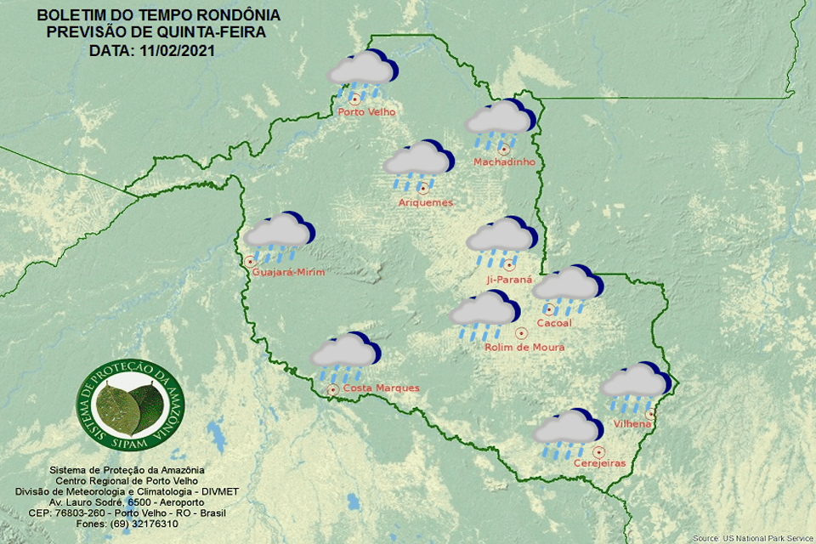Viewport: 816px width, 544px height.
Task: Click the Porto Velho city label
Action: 366,112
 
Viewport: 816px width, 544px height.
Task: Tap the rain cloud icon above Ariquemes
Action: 416,164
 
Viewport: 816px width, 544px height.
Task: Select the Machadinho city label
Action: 502,161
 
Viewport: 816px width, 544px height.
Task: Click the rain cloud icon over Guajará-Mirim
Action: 278,235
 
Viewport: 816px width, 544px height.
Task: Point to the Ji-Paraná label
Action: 509,279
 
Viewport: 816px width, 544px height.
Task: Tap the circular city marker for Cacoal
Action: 549,309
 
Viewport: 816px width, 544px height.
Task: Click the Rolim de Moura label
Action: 524,347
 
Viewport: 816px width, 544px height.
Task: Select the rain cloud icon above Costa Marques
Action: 345,357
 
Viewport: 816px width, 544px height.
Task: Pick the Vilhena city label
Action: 632,423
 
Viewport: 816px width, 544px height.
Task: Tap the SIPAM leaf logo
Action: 128,407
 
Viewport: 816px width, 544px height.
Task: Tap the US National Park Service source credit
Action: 751,539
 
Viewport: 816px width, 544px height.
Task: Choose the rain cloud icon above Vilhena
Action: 635,384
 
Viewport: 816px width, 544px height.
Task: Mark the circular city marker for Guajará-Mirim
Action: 249,262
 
